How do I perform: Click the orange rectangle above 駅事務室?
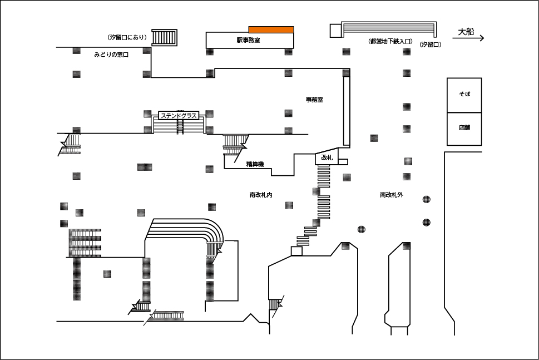click(x=271, y=29)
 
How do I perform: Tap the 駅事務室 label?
click(x=248, y=40)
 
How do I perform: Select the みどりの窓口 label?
click(x=111, y=55)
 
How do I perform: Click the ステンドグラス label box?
click(x=179, y=116)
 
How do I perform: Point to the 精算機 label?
click(x=255, y=164)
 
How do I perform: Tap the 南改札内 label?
click(x=261, y=195)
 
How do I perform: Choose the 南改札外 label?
click(x=392, y=195)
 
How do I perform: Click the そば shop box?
click(x=464, y=95)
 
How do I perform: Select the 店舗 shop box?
click(x=464, y=129)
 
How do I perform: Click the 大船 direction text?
click(x=466, y=32)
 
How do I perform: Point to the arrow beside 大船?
click(x=468, y=38)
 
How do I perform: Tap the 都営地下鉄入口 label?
click(x=391, y=42)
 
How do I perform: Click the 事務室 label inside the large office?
click(x=314, y=100)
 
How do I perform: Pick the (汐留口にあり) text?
click(x=127, y=37)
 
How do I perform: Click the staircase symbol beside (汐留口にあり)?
click(x=165, y=37)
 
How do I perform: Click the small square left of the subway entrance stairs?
click(x=335, y=31)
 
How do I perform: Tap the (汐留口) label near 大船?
click(x=430, y=45)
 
